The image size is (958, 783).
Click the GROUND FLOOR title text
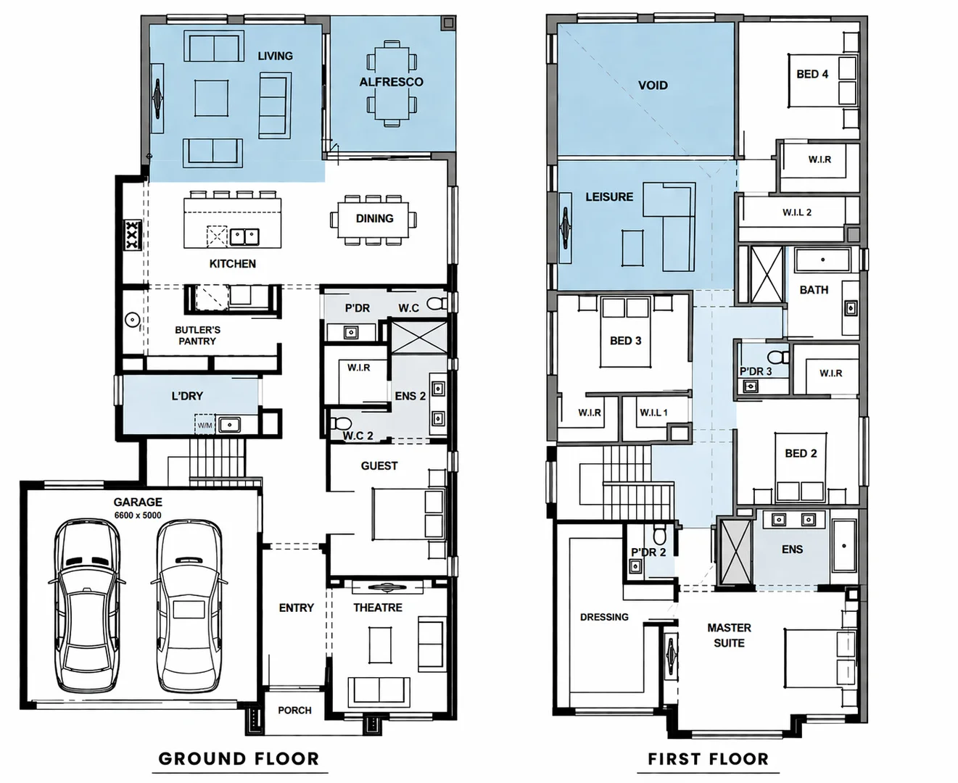click(239, 758)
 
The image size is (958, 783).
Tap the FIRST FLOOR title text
click(709, 758)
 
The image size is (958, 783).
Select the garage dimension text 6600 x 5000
click(138, 515)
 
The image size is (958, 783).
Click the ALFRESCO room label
click(391, 82)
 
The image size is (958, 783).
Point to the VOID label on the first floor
click(653, 85)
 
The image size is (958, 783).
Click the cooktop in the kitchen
click(133, 236)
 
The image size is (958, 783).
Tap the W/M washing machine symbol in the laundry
click(205, 425)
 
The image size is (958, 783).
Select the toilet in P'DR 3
click(779, 357)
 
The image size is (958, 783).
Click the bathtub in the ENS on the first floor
click(844, 545)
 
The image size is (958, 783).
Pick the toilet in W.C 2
click(340, 423)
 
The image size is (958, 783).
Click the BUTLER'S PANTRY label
click(197, 335)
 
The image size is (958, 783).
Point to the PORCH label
click(295, 710)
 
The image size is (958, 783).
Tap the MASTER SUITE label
click(729, 635)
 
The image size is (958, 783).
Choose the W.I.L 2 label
click(797, 212)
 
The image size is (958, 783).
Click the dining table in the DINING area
click(373, 219)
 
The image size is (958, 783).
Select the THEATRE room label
click(378, 608)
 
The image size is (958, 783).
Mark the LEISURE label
click(609, 196)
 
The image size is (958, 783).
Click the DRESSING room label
click(604, 617)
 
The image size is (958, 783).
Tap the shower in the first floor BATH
click(767, 275)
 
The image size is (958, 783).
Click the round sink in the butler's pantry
click(132, 320)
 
